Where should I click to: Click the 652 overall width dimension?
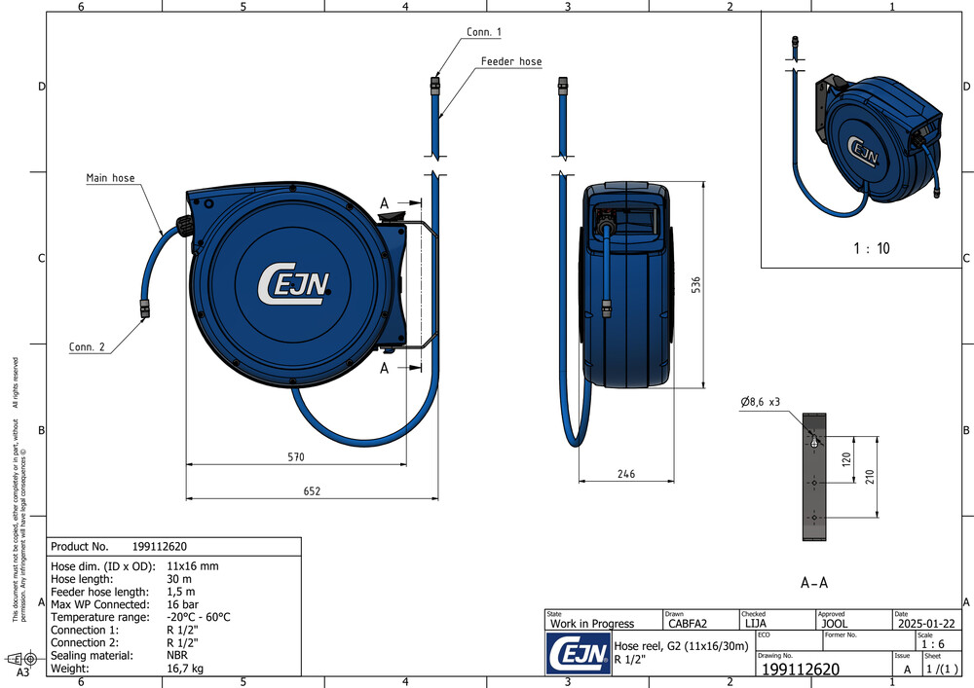coord(311,491)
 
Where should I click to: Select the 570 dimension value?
coord(296,456)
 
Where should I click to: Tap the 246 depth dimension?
coord(625,473)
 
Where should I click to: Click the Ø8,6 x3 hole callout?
coord(760,402)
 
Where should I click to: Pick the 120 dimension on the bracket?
coord(846,457)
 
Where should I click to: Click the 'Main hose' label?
coord(110,178)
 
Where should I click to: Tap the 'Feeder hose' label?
coord(510,61)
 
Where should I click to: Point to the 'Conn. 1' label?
coord(484,32)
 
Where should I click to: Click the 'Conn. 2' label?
coord(88,347)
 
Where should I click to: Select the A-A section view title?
coord(813,583)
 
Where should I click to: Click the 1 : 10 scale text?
coord(871,248)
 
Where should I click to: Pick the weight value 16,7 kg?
coord(186,669)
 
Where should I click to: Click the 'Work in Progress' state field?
coord(592,624)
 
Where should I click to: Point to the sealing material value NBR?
coord(177,656)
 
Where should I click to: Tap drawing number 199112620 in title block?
coord(800,670)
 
